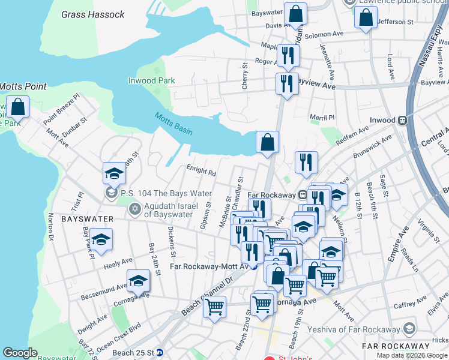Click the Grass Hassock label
(93, 14)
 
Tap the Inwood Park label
(151, 80)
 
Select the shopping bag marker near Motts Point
(19, 107)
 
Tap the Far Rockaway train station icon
(304, 194)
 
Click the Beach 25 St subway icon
(159, 352)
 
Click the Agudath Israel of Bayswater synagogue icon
(134, 209)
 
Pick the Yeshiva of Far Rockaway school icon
(409, 329)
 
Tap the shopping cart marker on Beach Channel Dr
(214, 307)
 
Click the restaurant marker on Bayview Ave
(287, 83)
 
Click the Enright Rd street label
(201, 172)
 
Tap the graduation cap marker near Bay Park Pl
(101, 240)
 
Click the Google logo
(20, 353)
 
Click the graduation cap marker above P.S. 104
(114, 173)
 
